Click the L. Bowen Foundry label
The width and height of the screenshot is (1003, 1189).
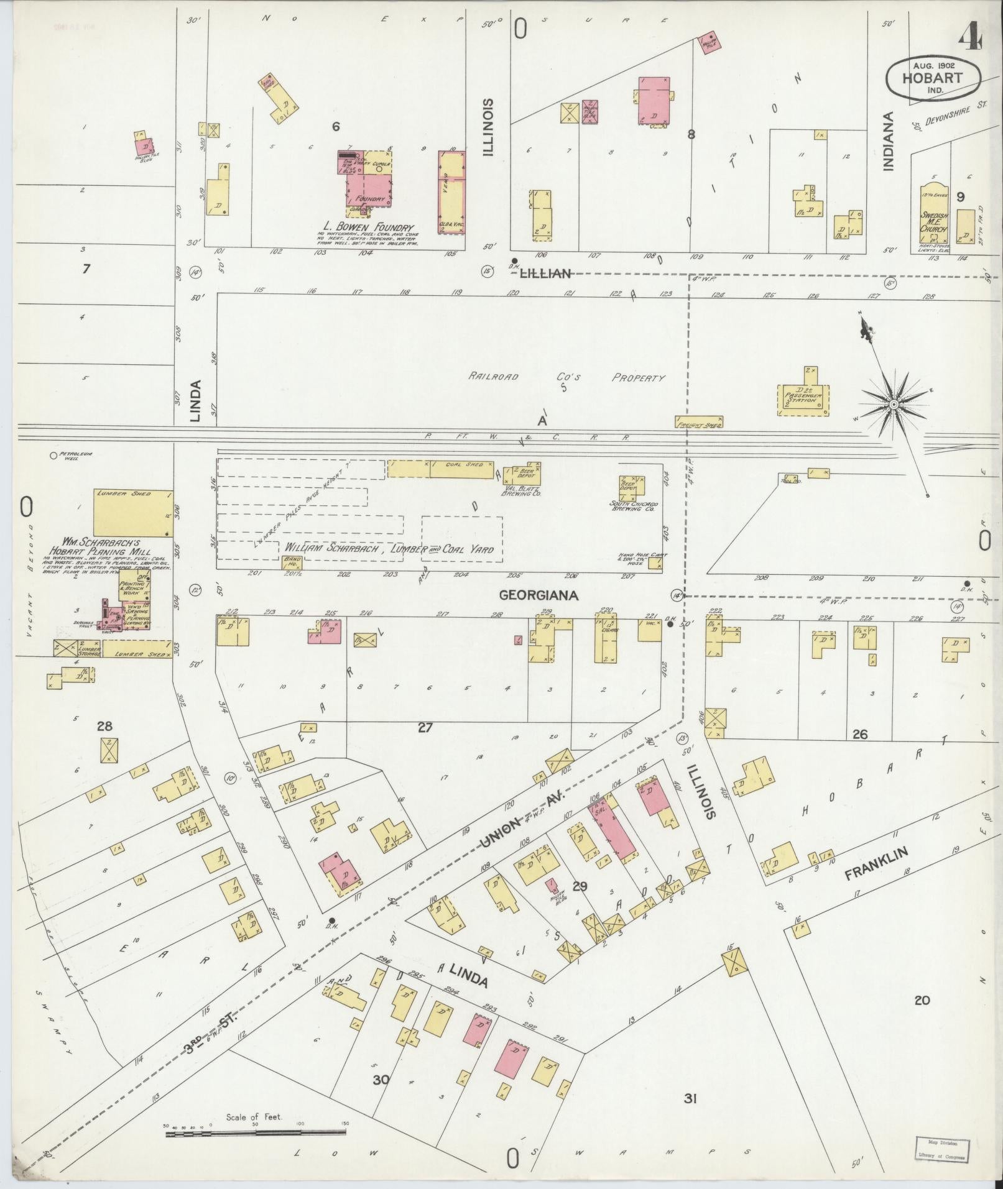point(369,226)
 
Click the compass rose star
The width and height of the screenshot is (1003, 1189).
point(893,405)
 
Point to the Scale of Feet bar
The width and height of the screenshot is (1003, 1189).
point(255,1134)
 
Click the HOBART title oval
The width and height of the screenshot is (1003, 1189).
point(933,78)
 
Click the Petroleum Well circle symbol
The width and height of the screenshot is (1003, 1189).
point(53,456)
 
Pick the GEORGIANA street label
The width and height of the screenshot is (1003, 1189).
point(539,595)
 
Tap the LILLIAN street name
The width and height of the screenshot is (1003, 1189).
point(545,273)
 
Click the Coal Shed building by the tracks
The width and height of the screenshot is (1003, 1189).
point(461,469)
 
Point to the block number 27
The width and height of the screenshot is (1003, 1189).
point(425,727)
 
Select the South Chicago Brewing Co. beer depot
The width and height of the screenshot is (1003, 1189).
point(631,485)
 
